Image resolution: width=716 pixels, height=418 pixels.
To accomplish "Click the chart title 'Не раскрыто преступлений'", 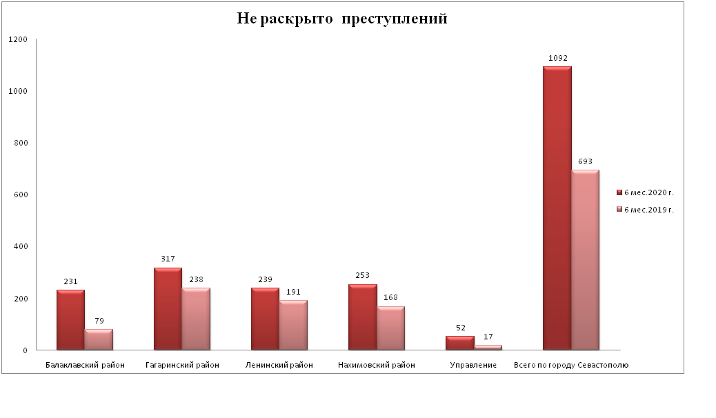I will (x=342, y=19).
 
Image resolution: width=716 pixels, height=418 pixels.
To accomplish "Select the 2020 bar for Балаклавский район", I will (x=70, y=321).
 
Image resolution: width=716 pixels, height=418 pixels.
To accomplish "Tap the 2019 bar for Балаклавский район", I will (x=99, y=340).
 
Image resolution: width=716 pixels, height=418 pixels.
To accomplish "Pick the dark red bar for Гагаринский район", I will (x=168, y=309).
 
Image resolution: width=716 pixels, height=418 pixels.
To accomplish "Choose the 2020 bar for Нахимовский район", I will (x=363, y=317).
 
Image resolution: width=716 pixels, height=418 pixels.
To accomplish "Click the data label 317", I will (x=168, y=259).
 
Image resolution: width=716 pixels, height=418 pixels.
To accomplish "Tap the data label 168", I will (x=391, y=298).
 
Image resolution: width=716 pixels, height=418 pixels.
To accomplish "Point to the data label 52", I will (x=460, y=328).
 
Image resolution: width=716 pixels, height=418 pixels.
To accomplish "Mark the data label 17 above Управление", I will (x=488, y=337).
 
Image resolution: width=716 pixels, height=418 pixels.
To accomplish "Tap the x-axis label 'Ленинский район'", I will (x=279, y=365).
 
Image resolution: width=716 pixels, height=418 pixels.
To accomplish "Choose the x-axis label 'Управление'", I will (x=473, y=365).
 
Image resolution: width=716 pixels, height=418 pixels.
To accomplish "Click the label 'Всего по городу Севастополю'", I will (x=571, y=365).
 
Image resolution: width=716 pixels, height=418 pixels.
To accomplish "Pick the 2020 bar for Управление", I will (x=460, y=343).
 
